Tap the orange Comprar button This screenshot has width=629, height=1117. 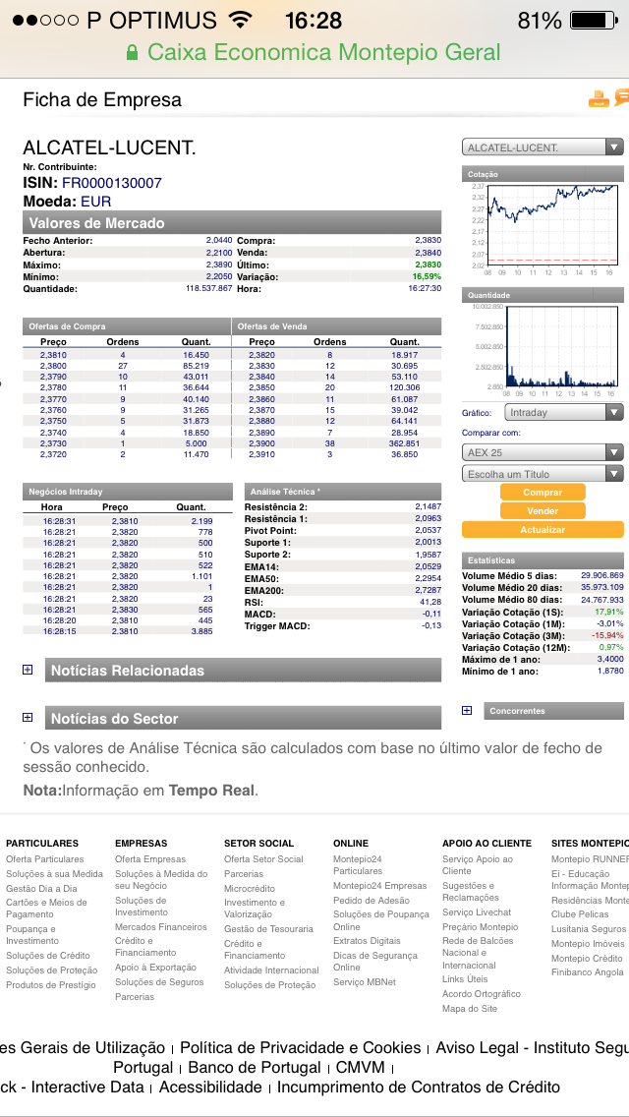(543, 493)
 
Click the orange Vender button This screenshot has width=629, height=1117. (543, 511)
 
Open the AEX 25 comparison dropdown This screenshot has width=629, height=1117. (543, 453)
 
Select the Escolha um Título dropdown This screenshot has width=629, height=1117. (543, 474)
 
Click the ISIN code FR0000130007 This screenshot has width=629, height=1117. (112, 183)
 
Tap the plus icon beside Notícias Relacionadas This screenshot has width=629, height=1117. (28, 671)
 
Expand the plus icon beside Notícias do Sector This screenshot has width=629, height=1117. (28, 718)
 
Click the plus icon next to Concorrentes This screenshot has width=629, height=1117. (467, 710)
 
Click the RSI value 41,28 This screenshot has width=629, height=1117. (430, 602)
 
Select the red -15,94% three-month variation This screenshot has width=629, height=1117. (607, 635)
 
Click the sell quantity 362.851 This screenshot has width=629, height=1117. (404, 443)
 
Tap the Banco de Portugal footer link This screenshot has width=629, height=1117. (255, 1068)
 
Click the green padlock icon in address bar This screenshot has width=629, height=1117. (133, 53)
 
